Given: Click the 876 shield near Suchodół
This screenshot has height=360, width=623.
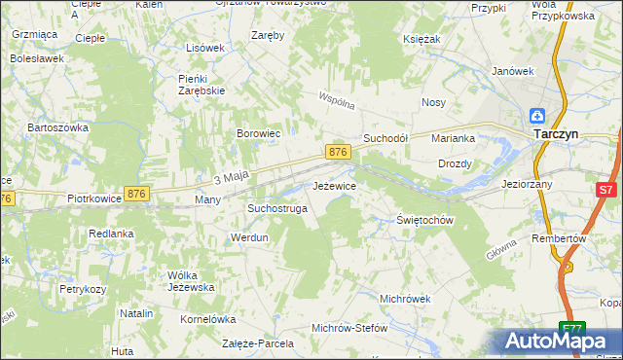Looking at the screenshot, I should [x=338, y=153].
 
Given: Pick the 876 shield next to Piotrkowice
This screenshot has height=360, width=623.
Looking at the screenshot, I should [x=137, y=195].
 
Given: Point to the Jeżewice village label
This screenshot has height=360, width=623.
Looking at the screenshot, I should [x=334, y=185].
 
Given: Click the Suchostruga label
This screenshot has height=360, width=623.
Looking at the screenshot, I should [x=277, y=208].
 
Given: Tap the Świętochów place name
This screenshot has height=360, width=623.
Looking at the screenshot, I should [x=425, y=220].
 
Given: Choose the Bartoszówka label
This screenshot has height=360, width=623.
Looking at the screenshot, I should [x=58, y=127].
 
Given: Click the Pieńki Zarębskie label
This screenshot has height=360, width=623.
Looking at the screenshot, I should [x=202, y=84].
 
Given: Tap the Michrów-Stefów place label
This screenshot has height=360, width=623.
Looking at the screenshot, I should [x=349, y=328].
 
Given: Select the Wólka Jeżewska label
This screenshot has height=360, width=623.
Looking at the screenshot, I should [x=191, y=281].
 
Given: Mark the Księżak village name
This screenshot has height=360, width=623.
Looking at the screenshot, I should [x=422, y=39].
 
